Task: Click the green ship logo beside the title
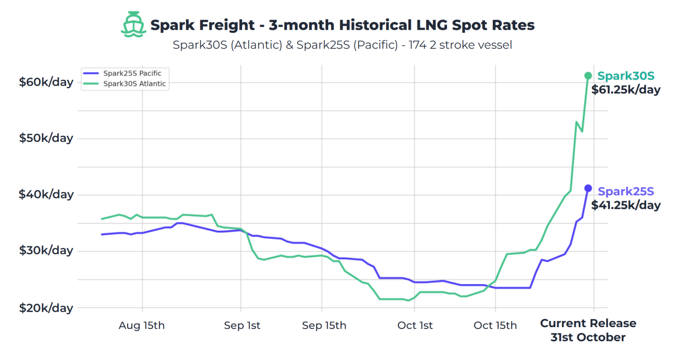(133, 25)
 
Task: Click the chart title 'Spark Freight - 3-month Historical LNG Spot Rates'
(342, 25)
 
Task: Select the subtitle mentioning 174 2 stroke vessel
(342, 45)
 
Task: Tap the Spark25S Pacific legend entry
(132, 73)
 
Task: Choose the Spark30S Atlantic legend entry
(134, 84)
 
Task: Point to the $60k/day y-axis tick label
(46, 82)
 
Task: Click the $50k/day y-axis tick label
(46, 138)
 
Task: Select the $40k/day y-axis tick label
(46, 194)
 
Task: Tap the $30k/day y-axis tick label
(46, 250)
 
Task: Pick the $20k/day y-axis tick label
(46, 308)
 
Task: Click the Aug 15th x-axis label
(142, 325)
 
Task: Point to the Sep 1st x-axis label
(242, 325)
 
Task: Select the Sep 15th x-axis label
(324, 325)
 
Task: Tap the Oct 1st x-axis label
(414, 325)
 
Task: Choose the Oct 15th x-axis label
(495, 325)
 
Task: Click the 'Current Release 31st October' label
(588, 330)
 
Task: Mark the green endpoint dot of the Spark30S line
(588, 76)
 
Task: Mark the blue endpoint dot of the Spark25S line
(588, 188)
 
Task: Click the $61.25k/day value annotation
(626, 90)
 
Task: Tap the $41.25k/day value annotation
(626, 205)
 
